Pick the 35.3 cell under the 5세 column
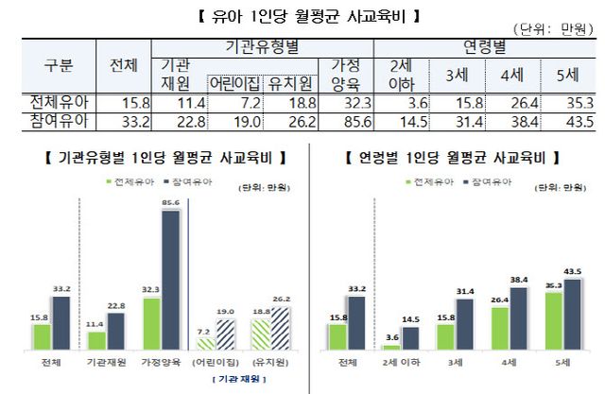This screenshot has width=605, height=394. [565, 100]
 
